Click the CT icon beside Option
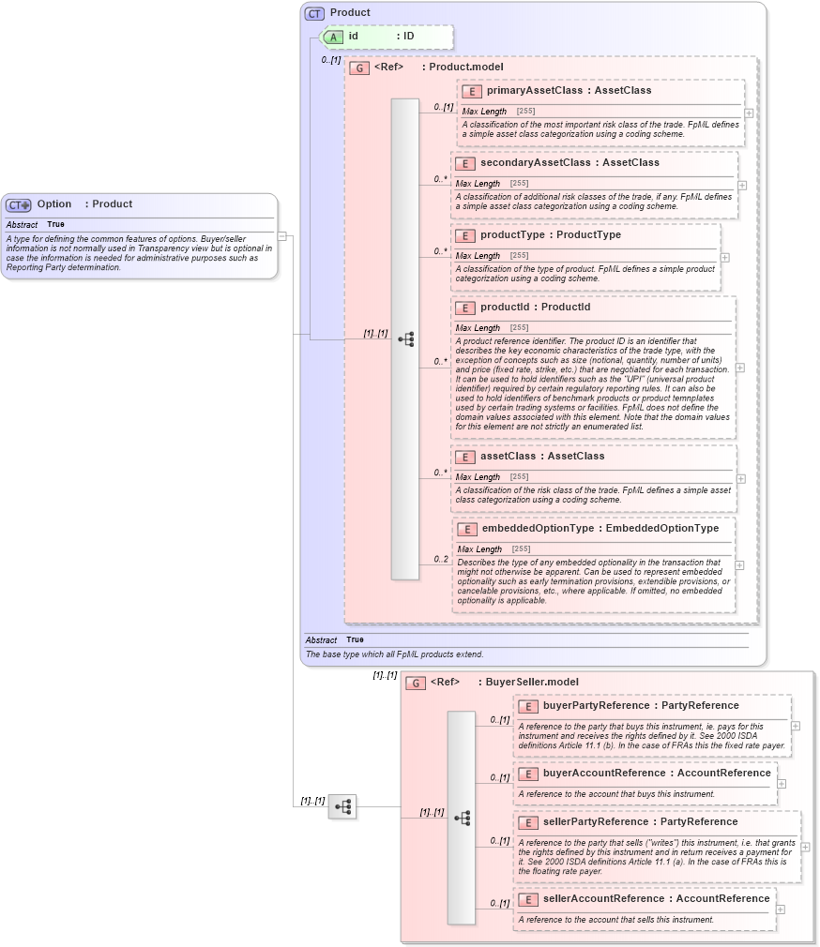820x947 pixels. click(x=19, y=205)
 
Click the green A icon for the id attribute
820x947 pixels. click(x=333, y=37)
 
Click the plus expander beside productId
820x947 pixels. click(x=740, y=368)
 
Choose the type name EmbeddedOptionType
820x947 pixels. click(x=662, y=529)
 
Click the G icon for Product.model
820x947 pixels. click(x=358, y=68)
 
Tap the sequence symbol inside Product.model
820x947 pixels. click(x=405, y=339)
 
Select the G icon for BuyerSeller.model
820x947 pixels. click(x=416, y=683)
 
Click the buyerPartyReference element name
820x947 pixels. click(x=596, y=706)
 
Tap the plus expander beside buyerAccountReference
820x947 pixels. click(x=782, y=783)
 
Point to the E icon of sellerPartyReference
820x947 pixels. click(x=528, y=822)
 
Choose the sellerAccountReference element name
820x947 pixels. click(x=603, y=899)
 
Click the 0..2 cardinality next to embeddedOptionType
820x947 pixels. click(x=440, y=560)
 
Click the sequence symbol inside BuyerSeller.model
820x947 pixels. click(x=462, y=818)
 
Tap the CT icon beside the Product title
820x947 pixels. click(x=314, y=13)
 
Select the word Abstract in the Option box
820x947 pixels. click(x=22, y=225)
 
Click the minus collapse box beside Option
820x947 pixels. click(x=282, y=236)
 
